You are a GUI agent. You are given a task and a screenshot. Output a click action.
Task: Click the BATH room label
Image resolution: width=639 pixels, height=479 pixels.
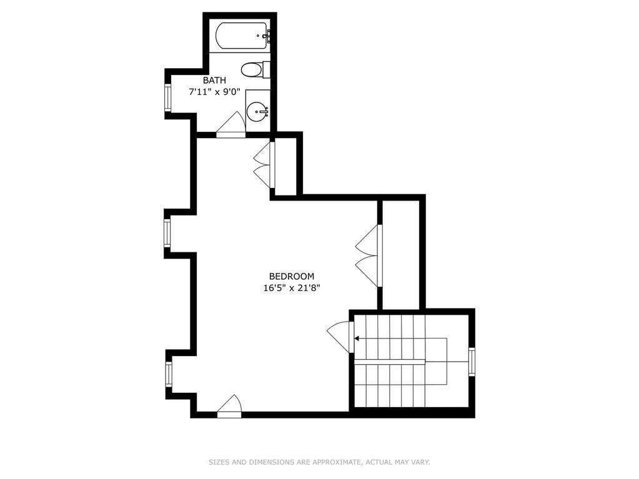214,80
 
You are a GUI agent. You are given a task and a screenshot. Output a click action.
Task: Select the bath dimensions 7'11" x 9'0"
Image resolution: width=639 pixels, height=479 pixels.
214,92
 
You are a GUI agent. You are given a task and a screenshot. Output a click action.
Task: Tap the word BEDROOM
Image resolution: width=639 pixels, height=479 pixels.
292,276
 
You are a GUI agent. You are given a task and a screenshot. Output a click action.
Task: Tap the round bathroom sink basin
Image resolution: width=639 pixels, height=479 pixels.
257,111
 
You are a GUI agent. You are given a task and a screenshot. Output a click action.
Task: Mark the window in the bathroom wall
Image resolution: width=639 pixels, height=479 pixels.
167,97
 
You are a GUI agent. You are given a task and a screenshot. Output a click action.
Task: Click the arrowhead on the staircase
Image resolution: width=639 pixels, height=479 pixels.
357,338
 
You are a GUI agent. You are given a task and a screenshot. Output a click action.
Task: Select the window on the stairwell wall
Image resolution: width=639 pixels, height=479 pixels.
472,362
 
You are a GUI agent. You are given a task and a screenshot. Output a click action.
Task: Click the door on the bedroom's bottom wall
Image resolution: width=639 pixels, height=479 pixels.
229,407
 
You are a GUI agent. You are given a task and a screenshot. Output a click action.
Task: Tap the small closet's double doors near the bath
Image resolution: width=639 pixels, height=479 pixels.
264,165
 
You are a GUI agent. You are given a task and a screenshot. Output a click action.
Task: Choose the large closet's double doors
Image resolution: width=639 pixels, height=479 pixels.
369,256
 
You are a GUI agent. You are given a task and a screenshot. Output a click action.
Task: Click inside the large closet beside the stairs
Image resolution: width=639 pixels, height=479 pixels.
401,255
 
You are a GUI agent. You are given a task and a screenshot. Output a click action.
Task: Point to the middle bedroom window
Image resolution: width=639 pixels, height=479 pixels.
167,233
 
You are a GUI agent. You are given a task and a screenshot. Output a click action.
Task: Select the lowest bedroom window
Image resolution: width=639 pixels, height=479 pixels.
168,374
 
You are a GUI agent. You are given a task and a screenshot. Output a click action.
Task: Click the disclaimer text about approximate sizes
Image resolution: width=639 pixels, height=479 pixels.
320,462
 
